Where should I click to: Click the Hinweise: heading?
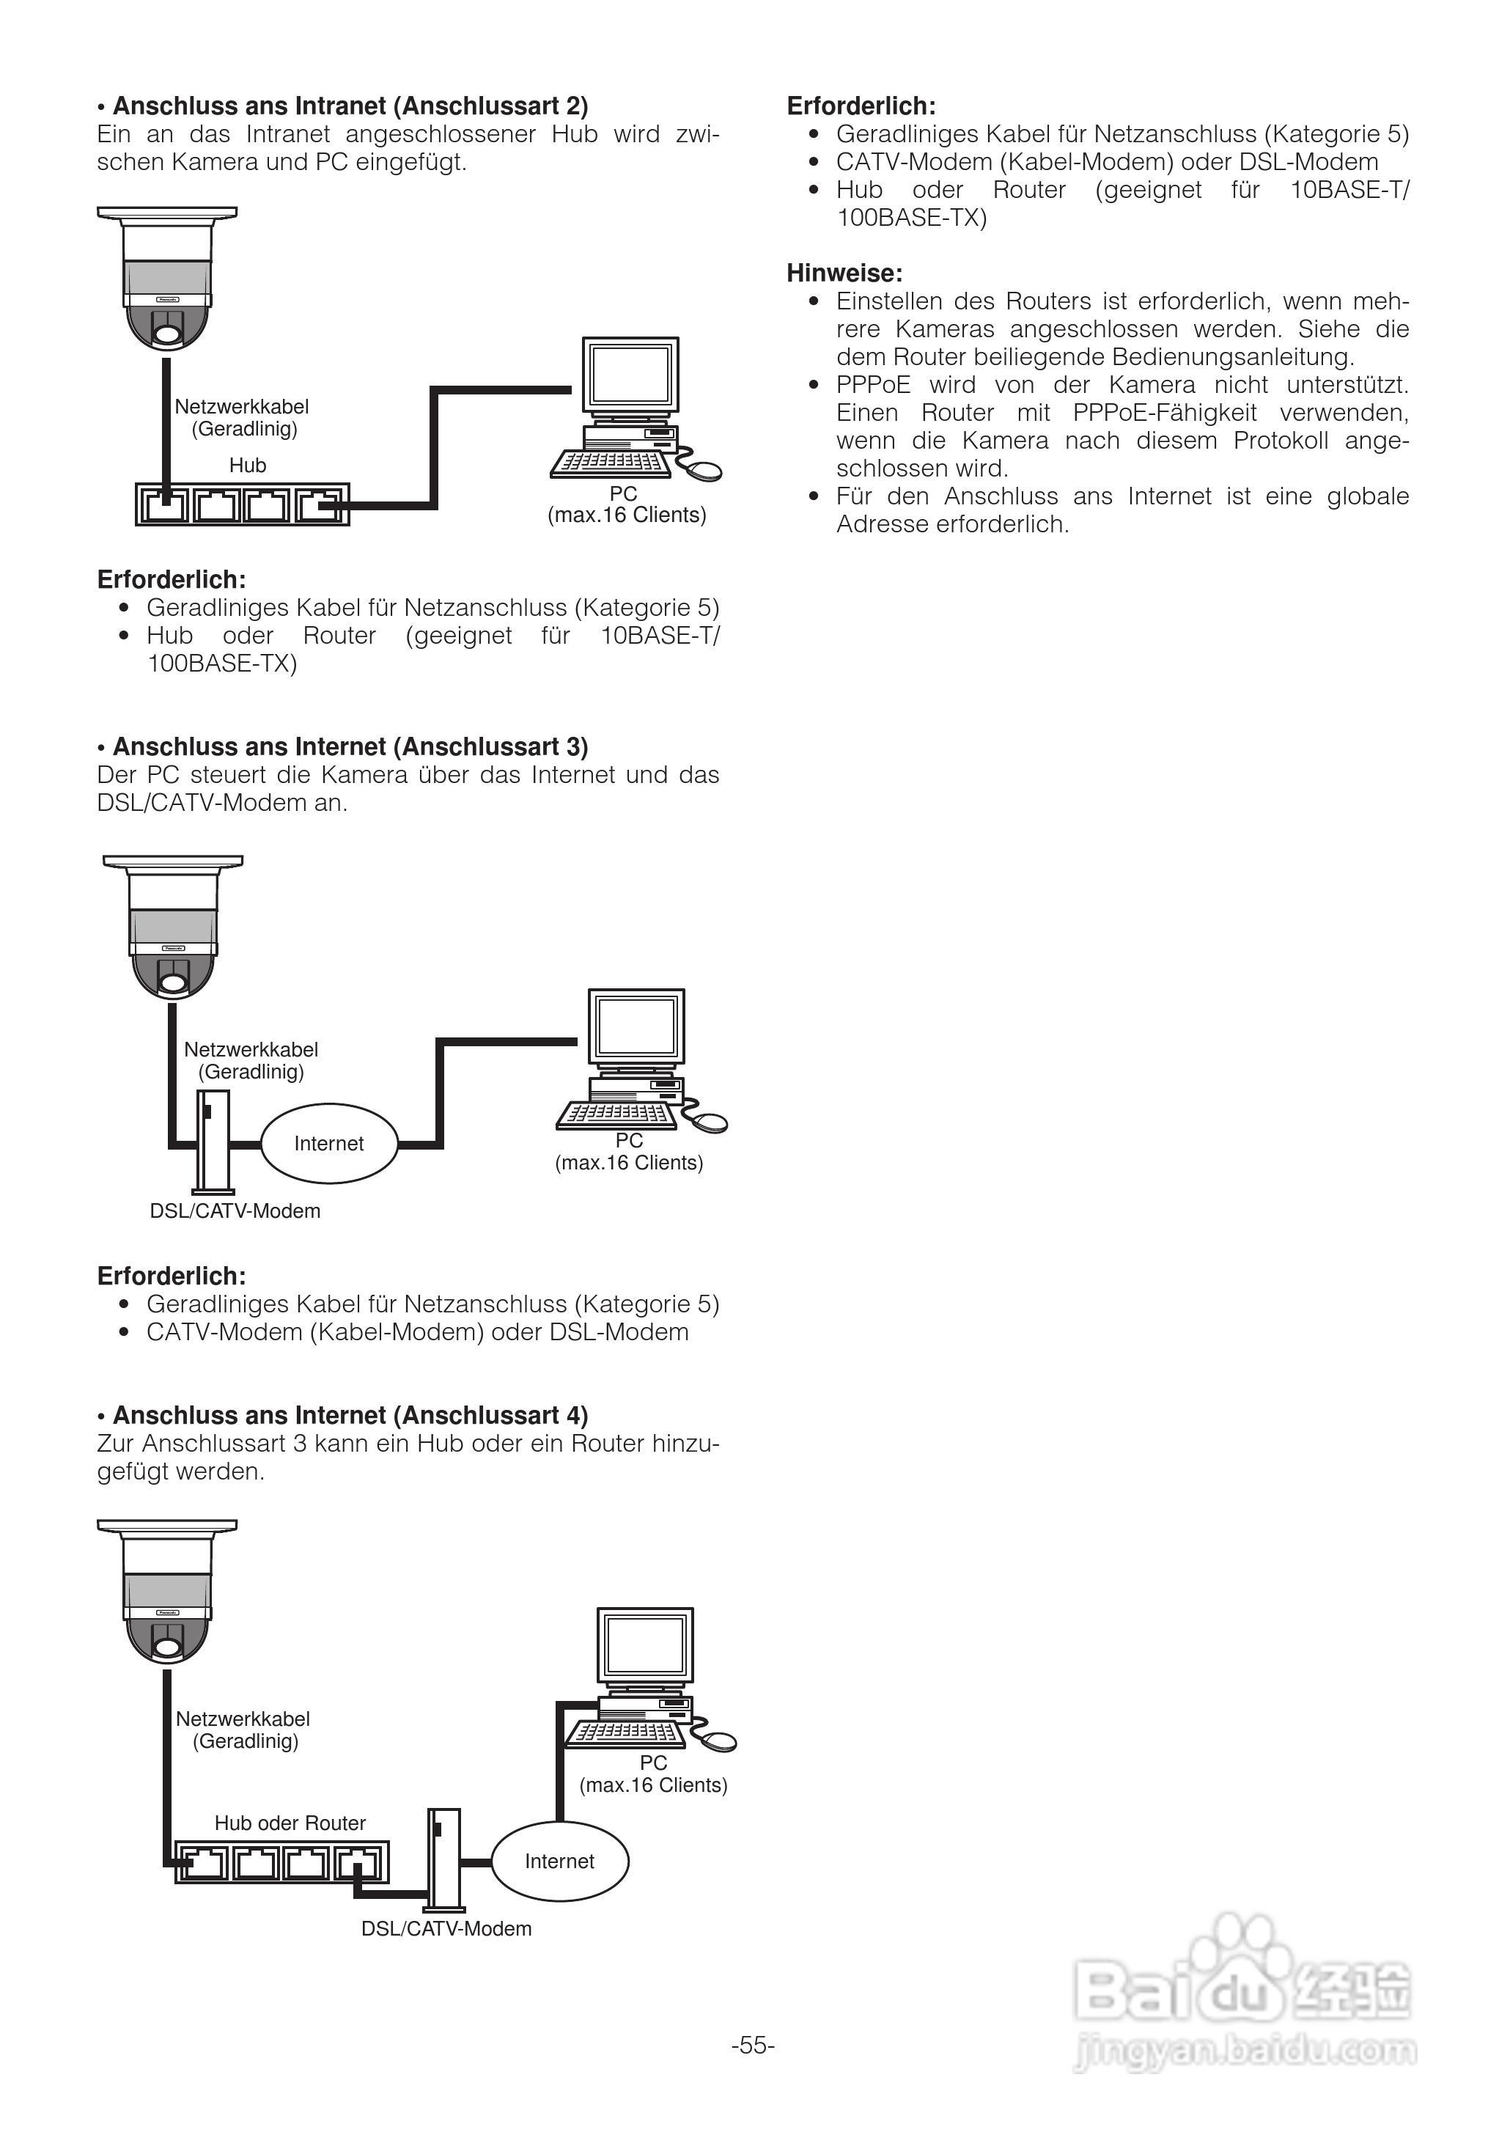844,273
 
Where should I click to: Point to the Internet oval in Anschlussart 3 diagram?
329,1144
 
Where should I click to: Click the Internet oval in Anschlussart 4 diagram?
560,1861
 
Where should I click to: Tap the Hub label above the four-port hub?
247,465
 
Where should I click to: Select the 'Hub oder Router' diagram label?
290,1823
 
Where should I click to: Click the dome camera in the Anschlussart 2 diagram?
167,279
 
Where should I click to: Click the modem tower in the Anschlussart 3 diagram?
213,1142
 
